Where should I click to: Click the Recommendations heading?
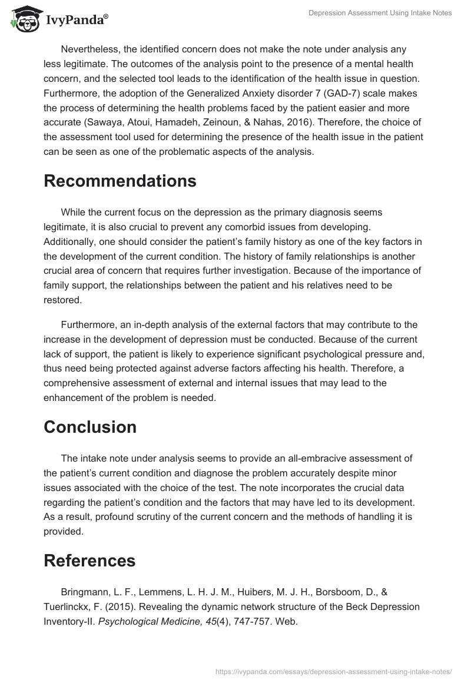(x=120, y=181)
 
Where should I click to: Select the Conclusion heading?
(x=90, y=427)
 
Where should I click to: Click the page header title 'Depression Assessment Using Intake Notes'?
(x=380, y=13)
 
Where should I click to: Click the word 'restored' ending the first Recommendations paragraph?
(x=61, y=300)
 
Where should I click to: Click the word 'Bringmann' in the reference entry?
(x=84, y=592)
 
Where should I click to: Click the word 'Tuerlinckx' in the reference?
(x=68, y=608)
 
